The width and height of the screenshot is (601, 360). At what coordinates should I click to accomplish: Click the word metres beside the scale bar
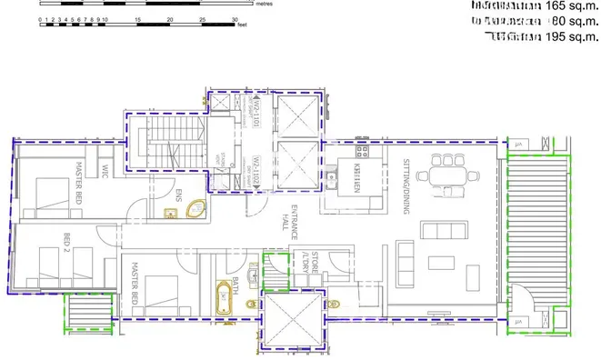(x=265, y=4)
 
